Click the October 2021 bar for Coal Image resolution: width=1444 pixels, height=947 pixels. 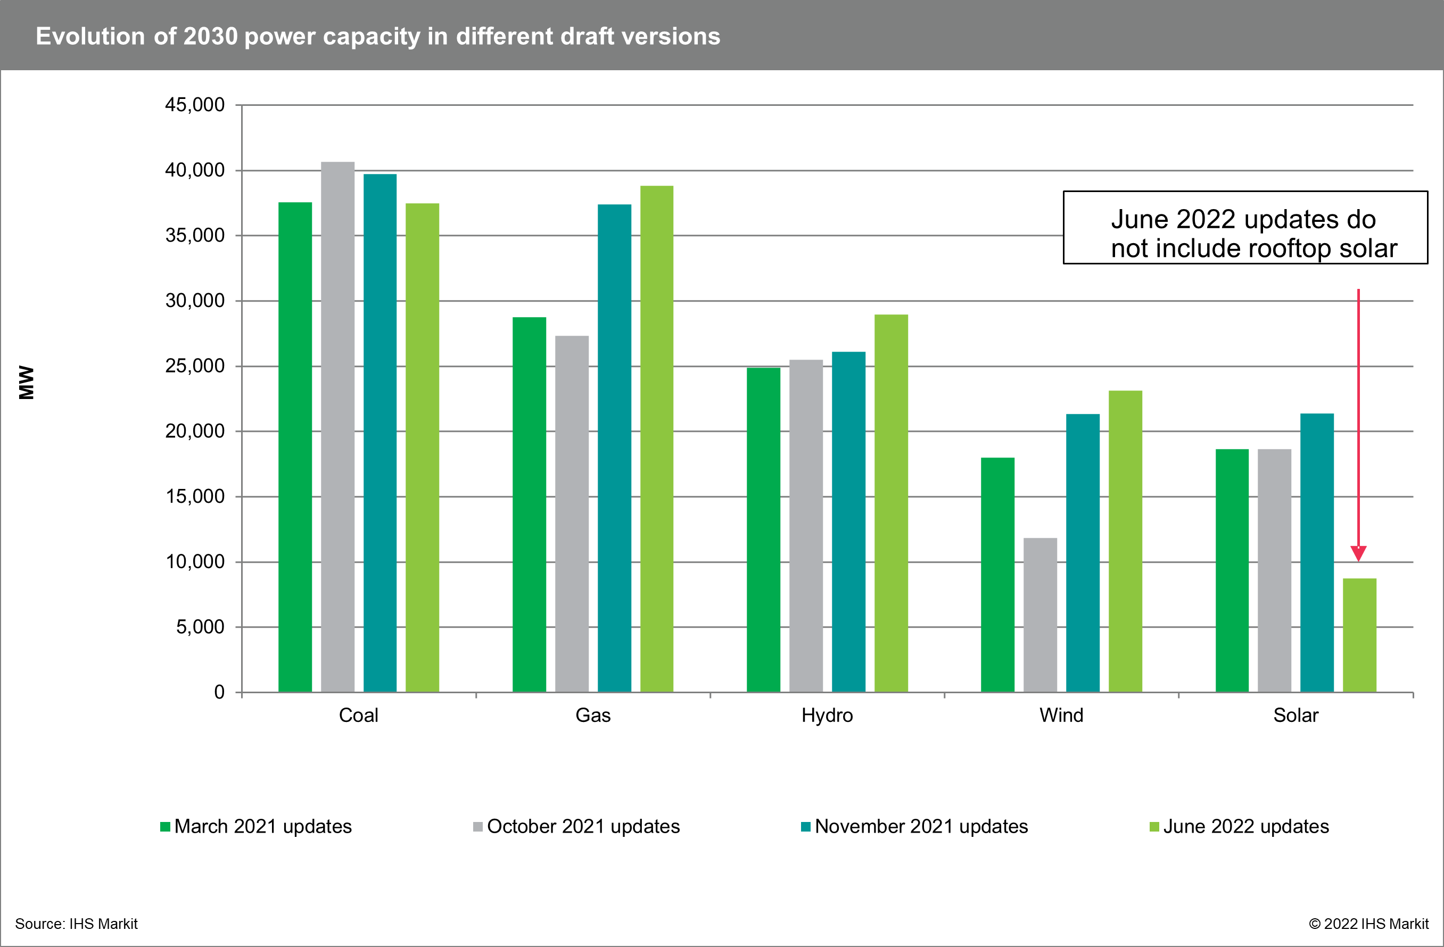point(337,427)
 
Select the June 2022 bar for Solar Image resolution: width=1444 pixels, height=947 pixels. point(1359,635)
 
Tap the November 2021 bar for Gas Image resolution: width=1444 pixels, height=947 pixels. point(614,448)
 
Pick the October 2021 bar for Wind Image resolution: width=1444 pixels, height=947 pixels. point(1040,615)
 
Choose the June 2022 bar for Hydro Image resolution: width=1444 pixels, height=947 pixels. point(890,503)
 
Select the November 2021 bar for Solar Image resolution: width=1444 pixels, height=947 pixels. point(1317,552)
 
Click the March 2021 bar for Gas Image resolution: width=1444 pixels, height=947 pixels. point(529,504)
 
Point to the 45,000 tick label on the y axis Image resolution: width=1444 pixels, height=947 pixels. point(195,105)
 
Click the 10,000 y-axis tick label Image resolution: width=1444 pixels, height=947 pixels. point(195,562)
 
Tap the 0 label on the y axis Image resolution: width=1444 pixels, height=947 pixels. point(219,692)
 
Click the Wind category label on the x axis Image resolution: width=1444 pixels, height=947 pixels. point(1061,716)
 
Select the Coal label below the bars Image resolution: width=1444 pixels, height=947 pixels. point(358,716)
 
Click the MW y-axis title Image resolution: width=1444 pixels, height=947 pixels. point(27,382)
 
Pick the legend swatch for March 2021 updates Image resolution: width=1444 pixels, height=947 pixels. point(165,827)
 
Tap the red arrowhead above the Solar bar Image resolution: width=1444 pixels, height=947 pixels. point(1358,552)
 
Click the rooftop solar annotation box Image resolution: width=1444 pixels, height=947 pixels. point(1245,228)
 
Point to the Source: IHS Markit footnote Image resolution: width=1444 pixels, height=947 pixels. point(77,924)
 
